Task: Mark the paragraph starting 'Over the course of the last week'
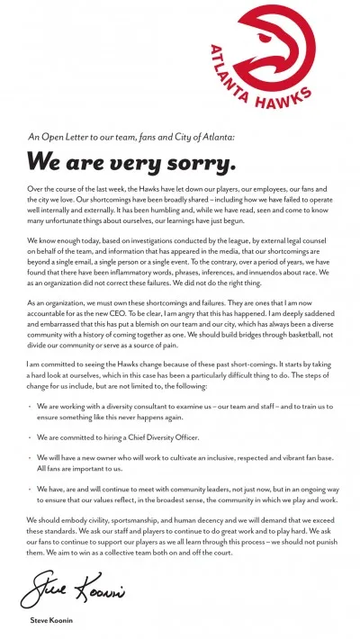tap(179, 208)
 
